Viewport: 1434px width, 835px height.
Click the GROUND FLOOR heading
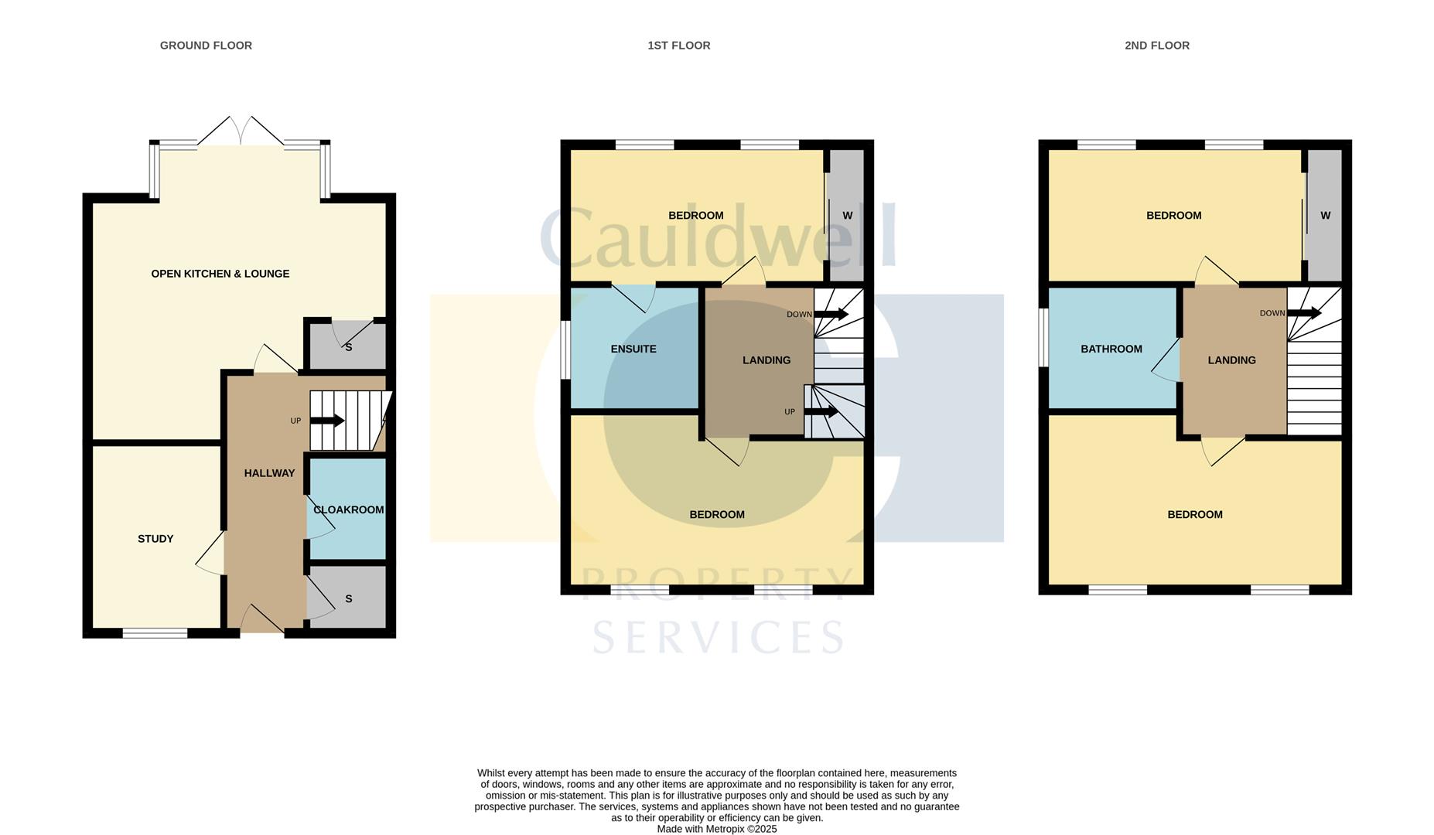(206, 46)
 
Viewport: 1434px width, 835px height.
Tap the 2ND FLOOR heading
(1156, 46)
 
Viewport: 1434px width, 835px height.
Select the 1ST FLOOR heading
(678, 46)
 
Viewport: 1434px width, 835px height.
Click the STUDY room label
(155, 539)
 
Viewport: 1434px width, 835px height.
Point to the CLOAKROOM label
(348, 510)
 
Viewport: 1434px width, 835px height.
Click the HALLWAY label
(269, 473)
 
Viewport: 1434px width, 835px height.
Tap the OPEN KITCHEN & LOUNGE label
(220, 274)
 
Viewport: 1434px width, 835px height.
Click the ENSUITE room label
(633, 349)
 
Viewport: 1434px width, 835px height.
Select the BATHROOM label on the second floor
(1111, 349)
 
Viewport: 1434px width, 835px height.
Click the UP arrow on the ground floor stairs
(327, 421)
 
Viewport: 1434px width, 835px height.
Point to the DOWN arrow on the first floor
(831, 314)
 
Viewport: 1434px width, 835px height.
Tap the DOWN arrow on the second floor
(1304, 313)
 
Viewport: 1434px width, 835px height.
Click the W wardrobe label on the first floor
(847, 216)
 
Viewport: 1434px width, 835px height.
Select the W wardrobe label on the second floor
(1325, 216)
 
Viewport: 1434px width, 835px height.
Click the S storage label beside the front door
(348, 598)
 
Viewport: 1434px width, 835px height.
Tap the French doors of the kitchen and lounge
(241, 132)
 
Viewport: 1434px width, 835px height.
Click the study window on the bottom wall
(155, 633)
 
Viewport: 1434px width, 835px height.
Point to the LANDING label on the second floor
(1231, 360)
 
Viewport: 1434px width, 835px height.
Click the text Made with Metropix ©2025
(716, 829)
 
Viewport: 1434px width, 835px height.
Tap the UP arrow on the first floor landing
(821, 411)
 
